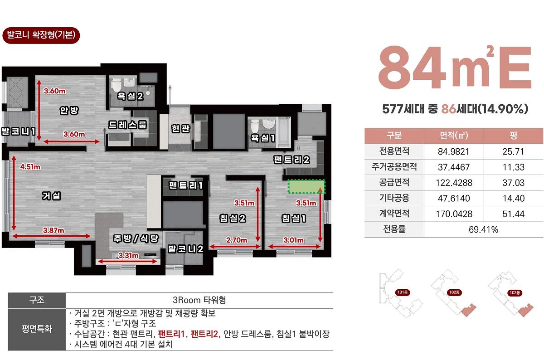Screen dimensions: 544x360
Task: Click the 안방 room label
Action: (69, 110)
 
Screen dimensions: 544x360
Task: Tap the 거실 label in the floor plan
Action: (51, 195)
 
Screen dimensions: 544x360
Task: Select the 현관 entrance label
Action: (180, 128)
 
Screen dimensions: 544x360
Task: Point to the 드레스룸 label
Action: (127, 125)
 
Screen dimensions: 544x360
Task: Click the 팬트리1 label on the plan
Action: (186, 185)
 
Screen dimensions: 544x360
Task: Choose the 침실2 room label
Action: (233, 218)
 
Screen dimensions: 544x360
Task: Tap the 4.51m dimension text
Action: (30, 167)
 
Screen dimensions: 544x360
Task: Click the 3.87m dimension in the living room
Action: (53, 230)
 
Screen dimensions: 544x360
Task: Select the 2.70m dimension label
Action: (237, 240)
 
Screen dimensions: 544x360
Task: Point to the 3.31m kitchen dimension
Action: (128, 255)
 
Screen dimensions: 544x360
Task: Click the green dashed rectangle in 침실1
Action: (306, 186)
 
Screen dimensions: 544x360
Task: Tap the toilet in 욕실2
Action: (117, 84)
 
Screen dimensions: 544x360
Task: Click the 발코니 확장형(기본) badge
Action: (41, 35)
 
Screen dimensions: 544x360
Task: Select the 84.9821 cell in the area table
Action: (454, 151)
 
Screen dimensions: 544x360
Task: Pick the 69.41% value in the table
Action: (483, 229)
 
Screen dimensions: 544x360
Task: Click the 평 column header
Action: (513, 135)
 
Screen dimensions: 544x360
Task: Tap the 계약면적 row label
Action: (394, 214)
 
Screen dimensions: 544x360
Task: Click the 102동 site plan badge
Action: (454, 292)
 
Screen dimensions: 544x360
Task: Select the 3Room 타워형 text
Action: (199, 300)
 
